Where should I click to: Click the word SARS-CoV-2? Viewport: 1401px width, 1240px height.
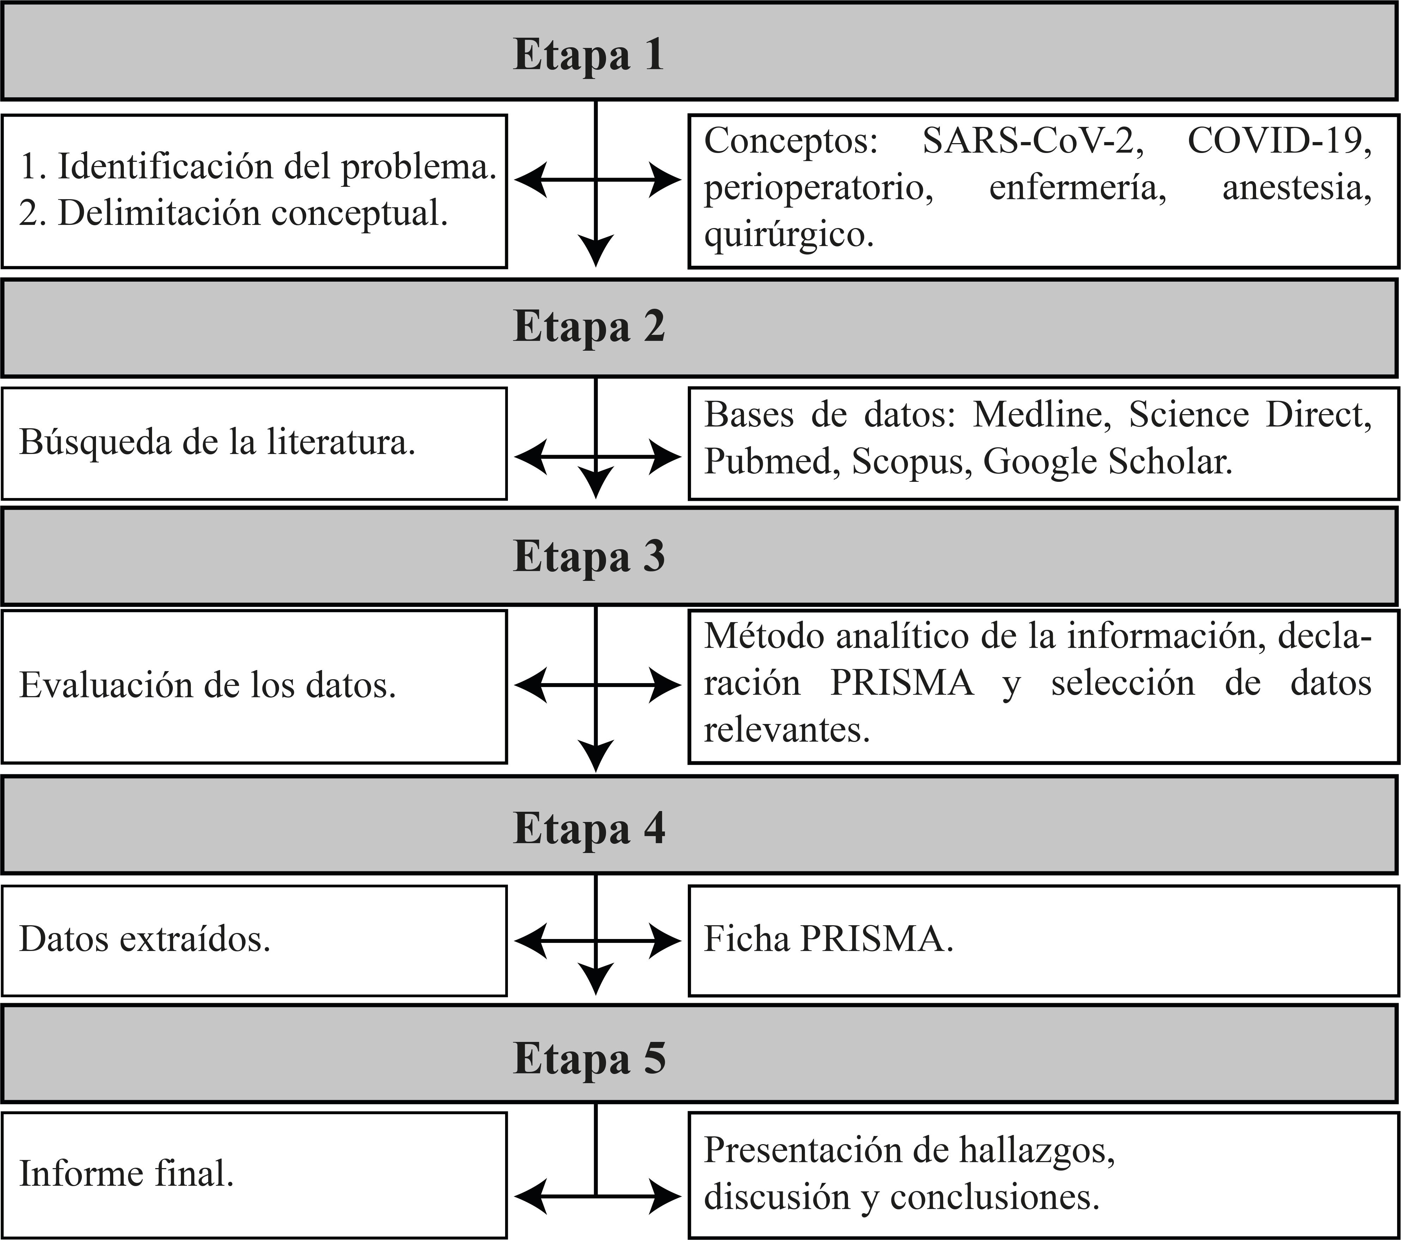[1032, 141]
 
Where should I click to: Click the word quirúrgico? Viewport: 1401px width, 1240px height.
[788, 235]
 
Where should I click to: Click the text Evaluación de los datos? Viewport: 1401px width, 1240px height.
[207, 685]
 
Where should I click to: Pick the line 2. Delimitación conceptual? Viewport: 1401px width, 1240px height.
[233, 213]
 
